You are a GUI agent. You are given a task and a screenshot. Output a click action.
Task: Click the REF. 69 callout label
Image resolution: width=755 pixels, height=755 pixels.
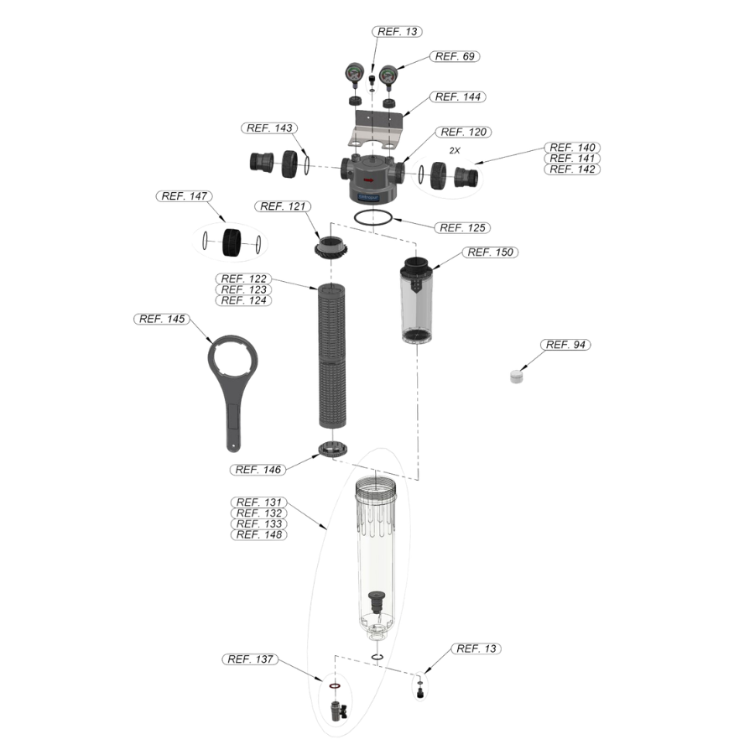tap(455, 56)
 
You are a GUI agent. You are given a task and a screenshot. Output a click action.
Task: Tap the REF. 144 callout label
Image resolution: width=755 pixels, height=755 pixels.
tap(457, 96)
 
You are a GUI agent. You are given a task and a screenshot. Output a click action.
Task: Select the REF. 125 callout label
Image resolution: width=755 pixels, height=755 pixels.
tap(462, 227)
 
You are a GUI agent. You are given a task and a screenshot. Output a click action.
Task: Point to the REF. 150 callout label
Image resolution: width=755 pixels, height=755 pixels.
tap(490, 253)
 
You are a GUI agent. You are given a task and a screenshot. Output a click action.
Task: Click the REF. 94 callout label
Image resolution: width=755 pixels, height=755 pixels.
tap(565, 345)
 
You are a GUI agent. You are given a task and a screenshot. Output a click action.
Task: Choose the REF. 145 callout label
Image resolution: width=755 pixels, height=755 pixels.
tap(162, 319)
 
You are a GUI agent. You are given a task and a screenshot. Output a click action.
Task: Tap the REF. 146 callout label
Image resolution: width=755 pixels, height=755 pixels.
tap(258, 470)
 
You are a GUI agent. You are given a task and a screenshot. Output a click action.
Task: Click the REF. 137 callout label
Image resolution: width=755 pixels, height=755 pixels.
tap(250, 659)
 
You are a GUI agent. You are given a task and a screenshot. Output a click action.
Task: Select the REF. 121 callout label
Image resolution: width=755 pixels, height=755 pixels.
tap(283, 206)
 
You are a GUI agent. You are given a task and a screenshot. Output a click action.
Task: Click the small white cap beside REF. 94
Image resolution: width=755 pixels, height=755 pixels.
tap(517, 376)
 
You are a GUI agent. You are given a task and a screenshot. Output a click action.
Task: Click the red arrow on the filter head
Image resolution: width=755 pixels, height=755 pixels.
tap(368, 180)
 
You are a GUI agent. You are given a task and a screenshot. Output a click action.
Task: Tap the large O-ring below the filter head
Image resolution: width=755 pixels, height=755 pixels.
tap(373, 224)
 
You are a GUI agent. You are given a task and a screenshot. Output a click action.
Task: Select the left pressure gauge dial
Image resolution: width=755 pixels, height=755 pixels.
tap(354, 73)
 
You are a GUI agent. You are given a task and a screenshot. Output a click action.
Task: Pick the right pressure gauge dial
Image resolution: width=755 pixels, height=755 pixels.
tap(388, 75)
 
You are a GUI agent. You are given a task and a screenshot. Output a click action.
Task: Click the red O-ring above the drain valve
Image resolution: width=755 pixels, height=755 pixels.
tap(335, 685)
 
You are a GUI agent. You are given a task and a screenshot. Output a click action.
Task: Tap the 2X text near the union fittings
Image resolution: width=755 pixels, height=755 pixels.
tap(455, 151)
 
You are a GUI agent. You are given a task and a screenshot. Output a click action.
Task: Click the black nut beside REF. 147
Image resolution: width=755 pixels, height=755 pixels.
tap(232, 242)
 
